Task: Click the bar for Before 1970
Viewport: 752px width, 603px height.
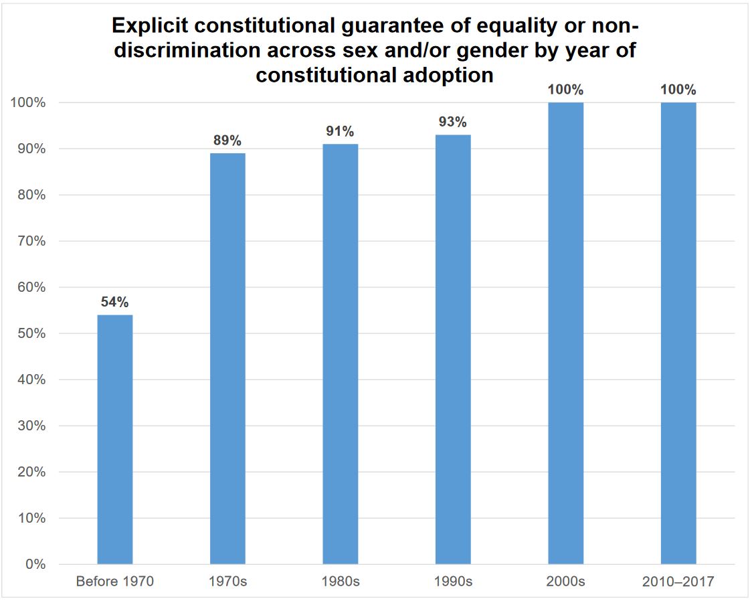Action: pos(115,439)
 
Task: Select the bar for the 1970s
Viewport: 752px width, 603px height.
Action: pos(227,359)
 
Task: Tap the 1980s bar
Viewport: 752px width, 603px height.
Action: pos(340,354)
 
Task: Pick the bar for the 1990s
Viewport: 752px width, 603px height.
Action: pos(453,349)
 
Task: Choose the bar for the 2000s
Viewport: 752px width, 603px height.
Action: pos(565,333)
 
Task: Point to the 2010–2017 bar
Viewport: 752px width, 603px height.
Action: pos(678,333)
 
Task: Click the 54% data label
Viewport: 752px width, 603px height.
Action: pos(115,302)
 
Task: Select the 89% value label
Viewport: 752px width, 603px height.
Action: pos(227,141)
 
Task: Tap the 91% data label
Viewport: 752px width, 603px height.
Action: pos(340,131)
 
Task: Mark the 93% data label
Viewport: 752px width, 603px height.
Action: pos(453,122)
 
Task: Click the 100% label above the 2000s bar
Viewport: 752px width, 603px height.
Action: pos(565,90)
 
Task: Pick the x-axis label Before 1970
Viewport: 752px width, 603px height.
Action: pos(115,582)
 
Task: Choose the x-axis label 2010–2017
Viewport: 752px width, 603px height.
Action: pos(678,582)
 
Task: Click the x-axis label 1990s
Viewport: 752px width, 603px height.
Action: pos(453,582)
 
